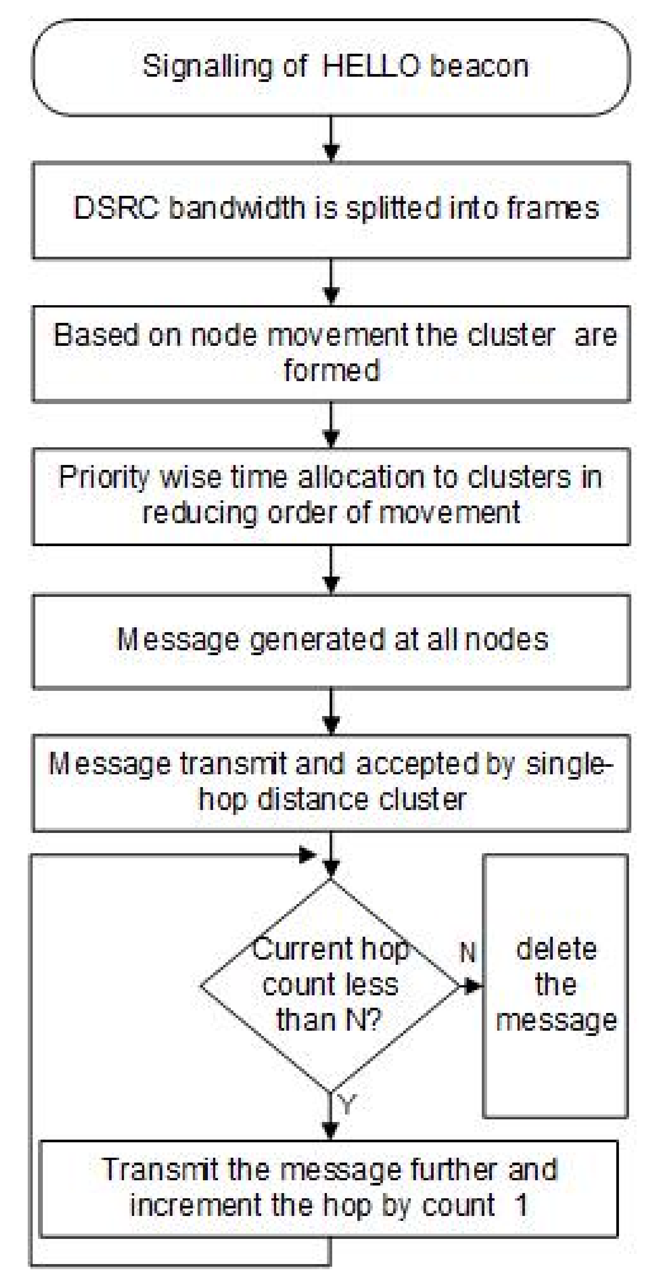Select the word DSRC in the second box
point(116,208)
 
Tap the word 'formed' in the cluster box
point(331,370)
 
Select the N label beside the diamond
point(467,952)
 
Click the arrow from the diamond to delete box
point(470,986)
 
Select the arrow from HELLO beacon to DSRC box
point(331,139)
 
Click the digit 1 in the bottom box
point(521,1206)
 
